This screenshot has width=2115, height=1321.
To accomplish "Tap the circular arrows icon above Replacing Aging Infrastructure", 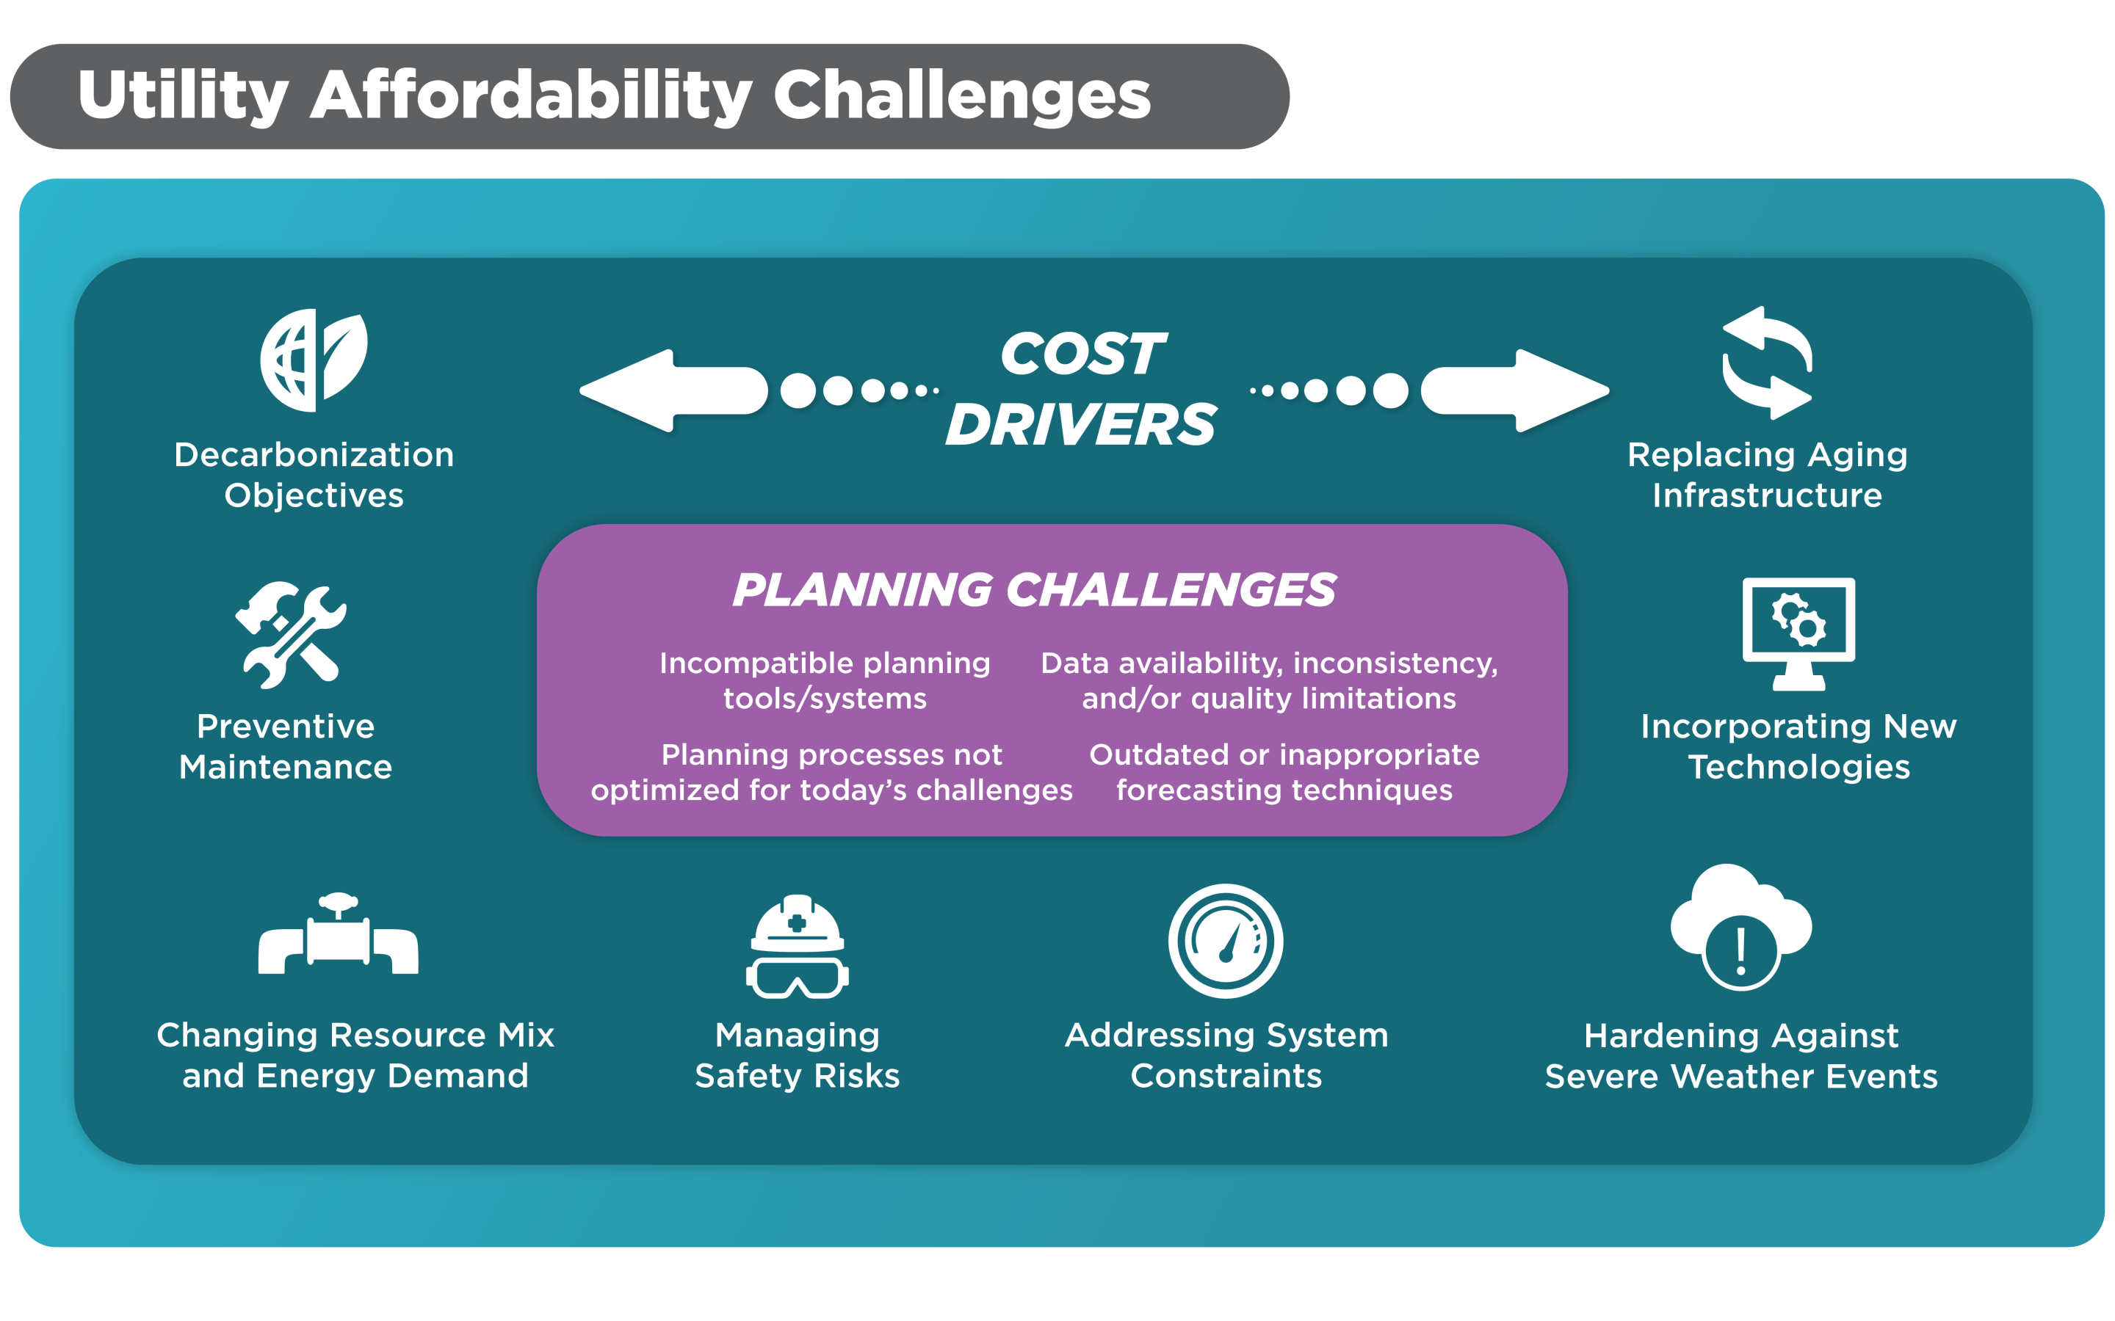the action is (x=1766, y=362).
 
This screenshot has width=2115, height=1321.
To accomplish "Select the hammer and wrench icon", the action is (x=290, y=634).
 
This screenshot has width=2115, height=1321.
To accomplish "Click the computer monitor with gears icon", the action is (x=1798, y=633).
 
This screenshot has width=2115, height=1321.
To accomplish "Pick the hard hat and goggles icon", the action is (x=797, y=946).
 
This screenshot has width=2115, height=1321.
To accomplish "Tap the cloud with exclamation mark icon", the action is (x=1741, y=928).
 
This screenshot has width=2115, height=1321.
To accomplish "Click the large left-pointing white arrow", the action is (x=673, y=390).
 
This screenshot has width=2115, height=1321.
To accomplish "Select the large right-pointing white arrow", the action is (x=1514, y=390).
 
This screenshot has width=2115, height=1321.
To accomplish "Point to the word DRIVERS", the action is (x=1081, y=425).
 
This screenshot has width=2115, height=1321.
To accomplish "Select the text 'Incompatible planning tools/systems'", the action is (x=825, y=680).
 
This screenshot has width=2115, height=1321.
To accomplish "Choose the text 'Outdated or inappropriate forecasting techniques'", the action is (x=1284, y=772).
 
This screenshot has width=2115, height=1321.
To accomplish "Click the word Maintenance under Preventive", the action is (x=286, y=767).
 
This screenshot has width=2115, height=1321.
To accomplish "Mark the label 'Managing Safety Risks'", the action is (x=797, y=1055).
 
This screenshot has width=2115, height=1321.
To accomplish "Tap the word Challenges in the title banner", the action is (x=962, y=96).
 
